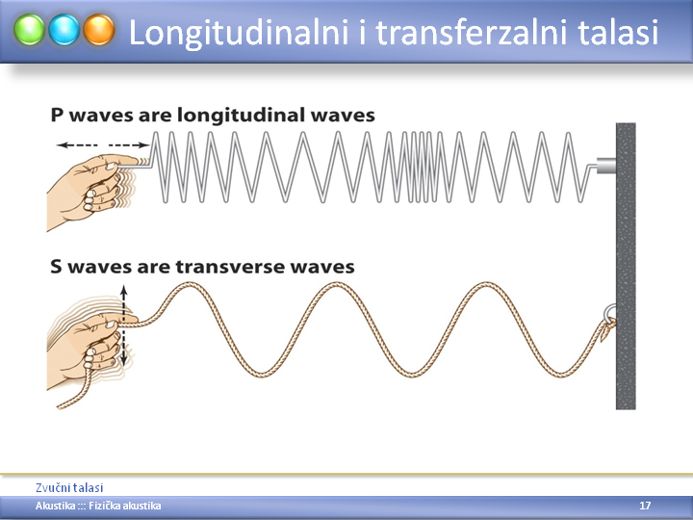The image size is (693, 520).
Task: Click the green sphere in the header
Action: coord(29,30)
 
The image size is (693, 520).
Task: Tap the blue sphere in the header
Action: coord(64,30)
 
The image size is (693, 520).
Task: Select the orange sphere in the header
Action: coord(99,30)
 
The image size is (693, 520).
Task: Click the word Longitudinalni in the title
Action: coord(239,33)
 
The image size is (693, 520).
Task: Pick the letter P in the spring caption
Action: coord(58,116)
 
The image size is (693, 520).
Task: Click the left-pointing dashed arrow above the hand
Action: coord(77,145)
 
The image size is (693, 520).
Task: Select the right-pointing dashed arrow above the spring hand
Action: coord(129,145)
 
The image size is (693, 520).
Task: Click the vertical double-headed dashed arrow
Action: coord(124,325)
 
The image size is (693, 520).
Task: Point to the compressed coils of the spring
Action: coord(419,168)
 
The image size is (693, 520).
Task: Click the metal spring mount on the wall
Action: coord(606,166)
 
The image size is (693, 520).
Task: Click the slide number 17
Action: coord(645,506)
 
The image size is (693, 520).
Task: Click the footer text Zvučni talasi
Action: coord(69,487)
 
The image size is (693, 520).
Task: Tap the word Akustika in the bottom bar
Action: coord(55,506)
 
